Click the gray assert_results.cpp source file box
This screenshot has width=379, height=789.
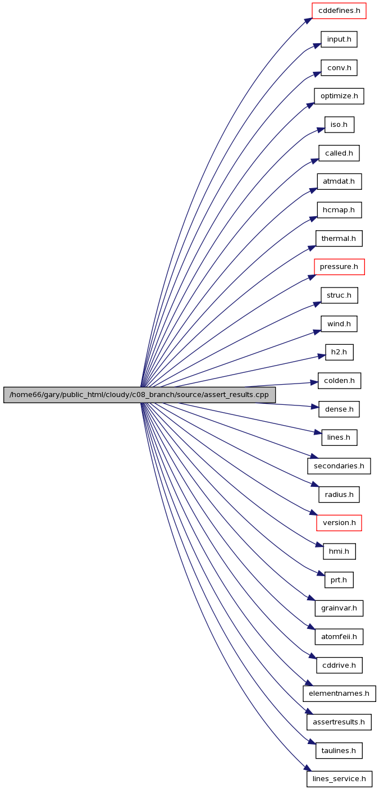[x=139, y=395]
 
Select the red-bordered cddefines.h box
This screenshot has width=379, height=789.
[x=339, y=11]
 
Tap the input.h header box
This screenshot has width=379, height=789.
[x=339, y=39]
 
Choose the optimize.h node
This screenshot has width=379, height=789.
[x=339, y=96]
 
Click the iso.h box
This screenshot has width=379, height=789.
[x=339, y=125]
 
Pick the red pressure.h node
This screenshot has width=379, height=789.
[x=339, y=267]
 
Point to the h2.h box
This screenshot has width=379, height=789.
[x=339, y=352]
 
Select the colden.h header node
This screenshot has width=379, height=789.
[x=339, y=381]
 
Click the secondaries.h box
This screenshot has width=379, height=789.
[x=339, y=466]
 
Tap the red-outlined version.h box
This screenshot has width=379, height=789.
[x=339, y=523]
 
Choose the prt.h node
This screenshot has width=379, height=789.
[x=339, y=580]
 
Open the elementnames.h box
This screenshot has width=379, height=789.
[x=339, y=694]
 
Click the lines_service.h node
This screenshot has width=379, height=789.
[x=339, y=779]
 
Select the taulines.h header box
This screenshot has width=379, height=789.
[x=339, y=751]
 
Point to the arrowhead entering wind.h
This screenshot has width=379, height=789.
[x=317, y=332]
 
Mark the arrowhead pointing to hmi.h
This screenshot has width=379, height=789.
[x=319, y=545]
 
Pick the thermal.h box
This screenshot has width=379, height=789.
[x=339, y=239]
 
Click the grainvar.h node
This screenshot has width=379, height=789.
[x=339, y=608]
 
